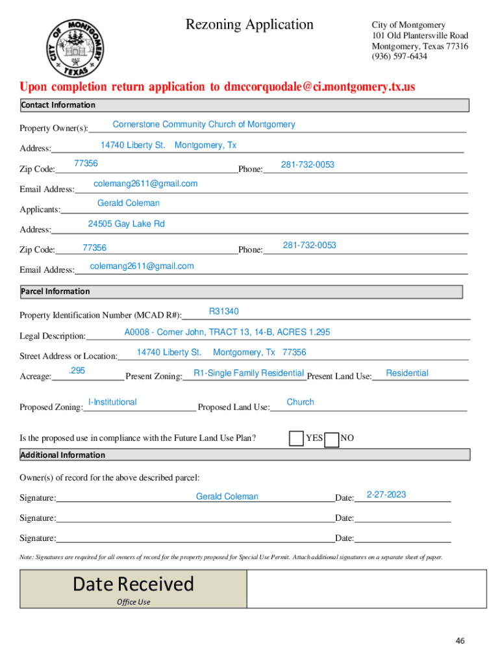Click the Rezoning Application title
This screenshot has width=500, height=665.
pos(249,25)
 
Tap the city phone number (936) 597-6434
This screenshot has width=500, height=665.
pos(399,56)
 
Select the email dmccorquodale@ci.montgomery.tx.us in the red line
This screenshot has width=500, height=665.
pos(319,87)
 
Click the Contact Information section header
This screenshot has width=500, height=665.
pos(58,105)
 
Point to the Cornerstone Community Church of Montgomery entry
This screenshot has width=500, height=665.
pos(204,124)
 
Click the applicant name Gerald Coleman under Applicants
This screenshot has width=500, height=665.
pos(128,203)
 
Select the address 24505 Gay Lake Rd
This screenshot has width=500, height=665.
pos(126,224)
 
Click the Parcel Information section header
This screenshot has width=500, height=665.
pos(55,292)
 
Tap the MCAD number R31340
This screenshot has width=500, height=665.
pos(223,312)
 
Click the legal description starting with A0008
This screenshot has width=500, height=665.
pos(227,332)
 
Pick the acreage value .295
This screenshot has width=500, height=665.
pos(77,371)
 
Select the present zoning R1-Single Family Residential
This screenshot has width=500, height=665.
pos(249,373)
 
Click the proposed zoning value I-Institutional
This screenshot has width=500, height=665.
pos(112,402)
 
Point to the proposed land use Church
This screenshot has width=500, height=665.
pos(300,402)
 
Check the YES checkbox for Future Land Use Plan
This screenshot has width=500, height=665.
pos(296,439)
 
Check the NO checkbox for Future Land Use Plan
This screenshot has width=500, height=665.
pos(331,440)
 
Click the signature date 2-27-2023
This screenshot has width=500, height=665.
pos(386,495)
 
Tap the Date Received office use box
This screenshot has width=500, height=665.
pos(133,588)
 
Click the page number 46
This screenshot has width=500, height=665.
pos(460,641)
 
